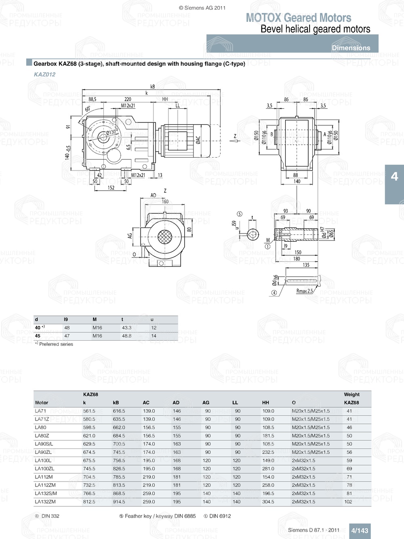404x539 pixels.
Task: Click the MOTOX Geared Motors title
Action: point(299,18)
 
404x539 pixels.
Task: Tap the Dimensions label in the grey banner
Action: point(351,48)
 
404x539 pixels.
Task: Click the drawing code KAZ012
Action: point(44,74)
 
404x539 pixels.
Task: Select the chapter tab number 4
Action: point(394,177)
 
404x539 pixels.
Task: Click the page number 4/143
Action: point(360,531)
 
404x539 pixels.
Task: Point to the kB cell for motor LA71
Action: point(119,411)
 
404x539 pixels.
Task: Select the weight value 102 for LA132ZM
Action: point(348,502)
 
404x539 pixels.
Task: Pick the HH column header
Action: point(265,402)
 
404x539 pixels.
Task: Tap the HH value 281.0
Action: point(268,469)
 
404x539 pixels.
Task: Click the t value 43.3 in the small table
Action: point(126,328)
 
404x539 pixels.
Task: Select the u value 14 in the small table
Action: point(154,336)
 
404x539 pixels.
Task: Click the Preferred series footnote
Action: point(56,344)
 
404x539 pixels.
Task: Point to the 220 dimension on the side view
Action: point(128,99)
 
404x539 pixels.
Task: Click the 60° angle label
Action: point(88,109)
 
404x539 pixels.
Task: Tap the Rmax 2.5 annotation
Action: point(305,291)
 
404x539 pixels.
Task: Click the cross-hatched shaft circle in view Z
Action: point(164,236)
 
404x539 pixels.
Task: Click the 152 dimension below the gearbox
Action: point(111,187)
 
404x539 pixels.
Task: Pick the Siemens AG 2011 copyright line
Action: point(202,8)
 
